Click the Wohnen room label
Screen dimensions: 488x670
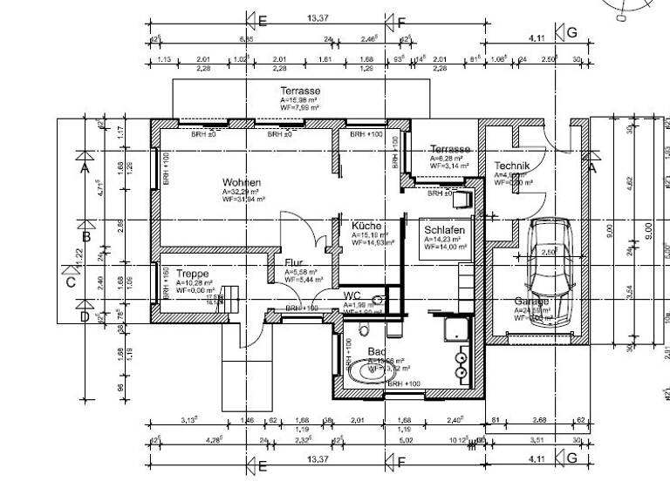pyautogui.click(x=242, y=182)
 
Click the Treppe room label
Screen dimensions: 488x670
pyautogui.click(x=193, y=274)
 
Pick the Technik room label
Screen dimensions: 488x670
pyautogui.click(x=512, y=166)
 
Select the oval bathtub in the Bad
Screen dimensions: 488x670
pyautogui.click(x=371, y=371)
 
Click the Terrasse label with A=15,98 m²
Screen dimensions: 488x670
pyautogui.click(x=300, y=91)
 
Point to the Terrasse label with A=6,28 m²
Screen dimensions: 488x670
pyautogui.click(x=450, y=150)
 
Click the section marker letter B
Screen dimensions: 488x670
pyautogui.click(x=85, y=236)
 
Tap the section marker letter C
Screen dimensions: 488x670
pyautogui.click(x=71, y=281)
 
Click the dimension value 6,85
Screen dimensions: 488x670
pyautogui.click(x=247, y=39)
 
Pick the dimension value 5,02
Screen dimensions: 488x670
pyautogui.click(x=406, y=440)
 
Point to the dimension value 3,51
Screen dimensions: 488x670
pyautogui.click(x=537, y=440)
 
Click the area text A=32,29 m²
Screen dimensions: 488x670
pyautogui.click(x=241, y=192)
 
